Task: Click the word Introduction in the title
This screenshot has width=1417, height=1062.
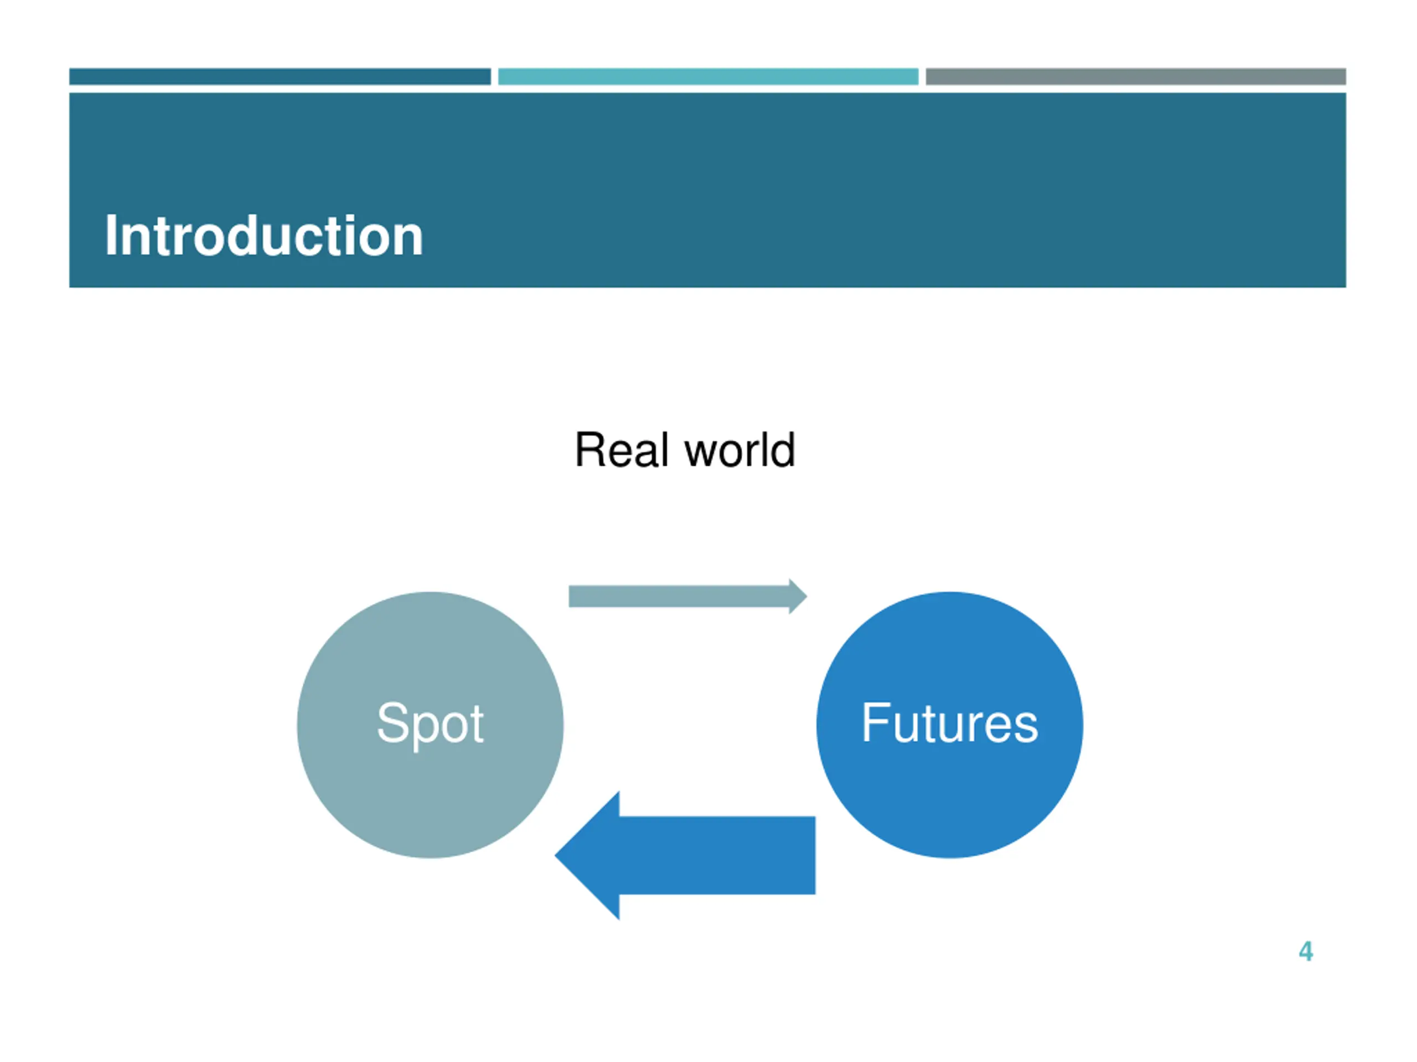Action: (x=264, y=236)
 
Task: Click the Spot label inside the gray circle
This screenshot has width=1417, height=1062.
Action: (x=430, y=723)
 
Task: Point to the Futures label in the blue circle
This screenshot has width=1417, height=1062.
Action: (x=949, y=723)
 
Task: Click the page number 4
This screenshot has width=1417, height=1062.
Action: (x=1306, y=951)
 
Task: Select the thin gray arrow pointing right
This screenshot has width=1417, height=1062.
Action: (x=679, y=596)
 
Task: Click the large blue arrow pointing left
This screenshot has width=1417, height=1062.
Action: (x=698, y=855)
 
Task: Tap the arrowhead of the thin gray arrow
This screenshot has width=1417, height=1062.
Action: (x=797, y=596)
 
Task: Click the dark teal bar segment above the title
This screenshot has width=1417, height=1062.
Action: (x=280, y=77)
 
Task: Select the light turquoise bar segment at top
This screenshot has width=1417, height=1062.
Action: (x=708, y=77)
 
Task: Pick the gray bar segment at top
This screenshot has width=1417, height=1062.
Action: (x=1135, y=77)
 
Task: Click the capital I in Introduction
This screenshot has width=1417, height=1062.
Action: (x=111, y=236)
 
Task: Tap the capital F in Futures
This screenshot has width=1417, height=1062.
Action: (x=874, y=723)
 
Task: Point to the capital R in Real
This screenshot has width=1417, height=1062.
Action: (x=590, y=450)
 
